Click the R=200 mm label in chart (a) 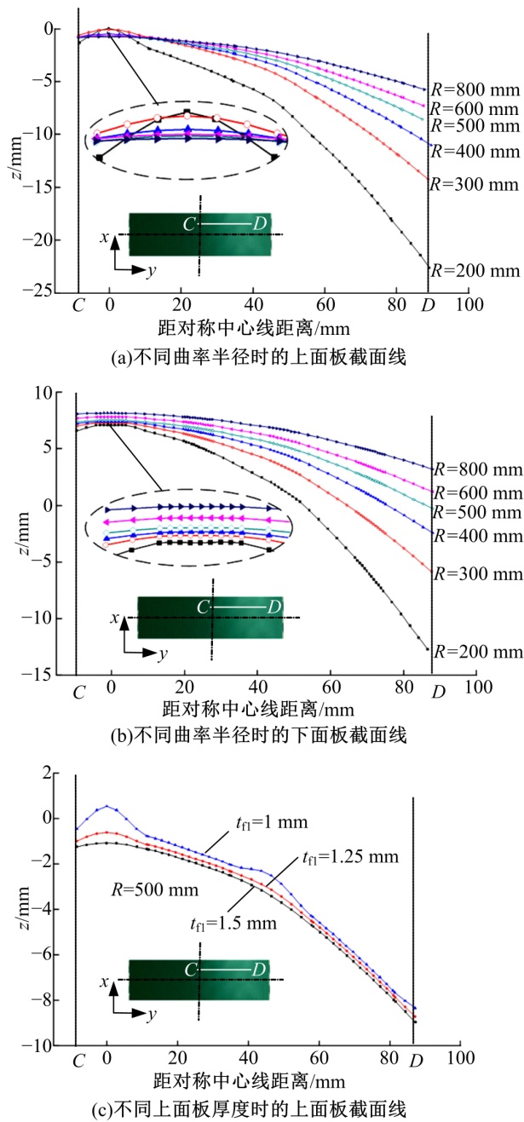[475, 271]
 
